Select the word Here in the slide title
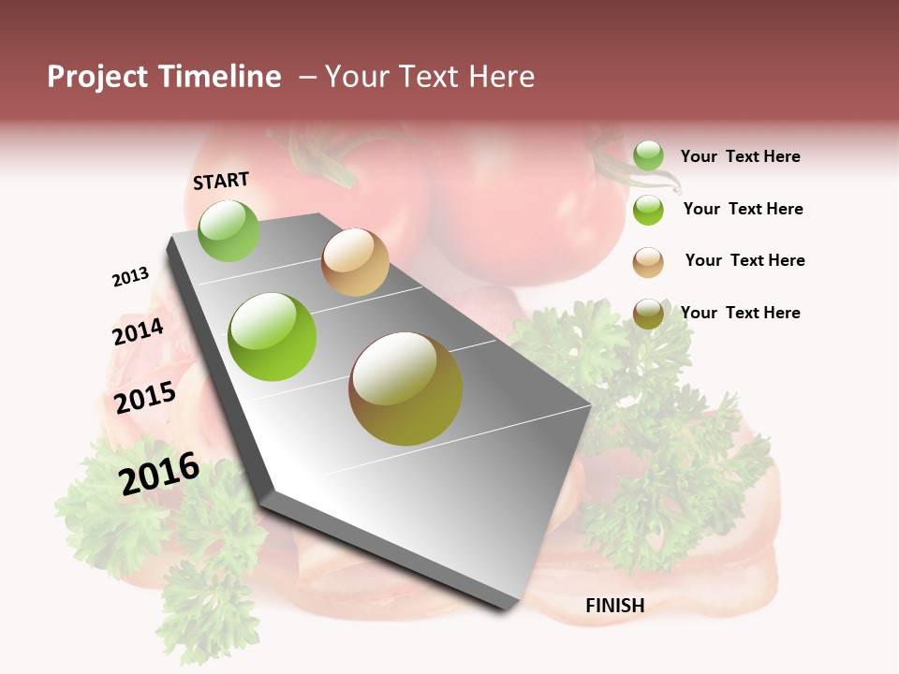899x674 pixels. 502,77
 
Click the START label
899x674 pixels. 221,181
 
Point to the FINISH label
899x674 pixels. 614,606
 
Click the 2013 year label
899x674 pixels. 130,277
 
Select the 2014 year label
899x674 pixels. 138,331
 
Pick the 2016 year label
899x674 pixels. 159,474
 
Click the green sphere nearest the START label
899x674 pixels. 228,230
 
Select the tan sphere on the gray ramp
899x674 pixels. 355,262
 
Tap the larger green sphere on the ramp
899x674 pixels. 273,337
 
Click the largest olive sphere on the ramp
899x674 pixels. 405,388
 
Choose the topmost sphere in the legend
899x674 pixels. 648,155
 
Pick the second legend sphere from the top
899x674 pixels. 648,210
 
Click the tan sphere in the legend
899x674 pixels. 648,262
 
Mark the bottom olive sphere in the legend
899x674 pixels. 648,314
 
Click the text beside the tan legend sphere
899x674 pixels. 744,260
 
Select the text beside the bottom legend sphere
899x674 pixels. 740,313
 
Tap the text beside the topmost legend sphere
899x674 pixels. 740,156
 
